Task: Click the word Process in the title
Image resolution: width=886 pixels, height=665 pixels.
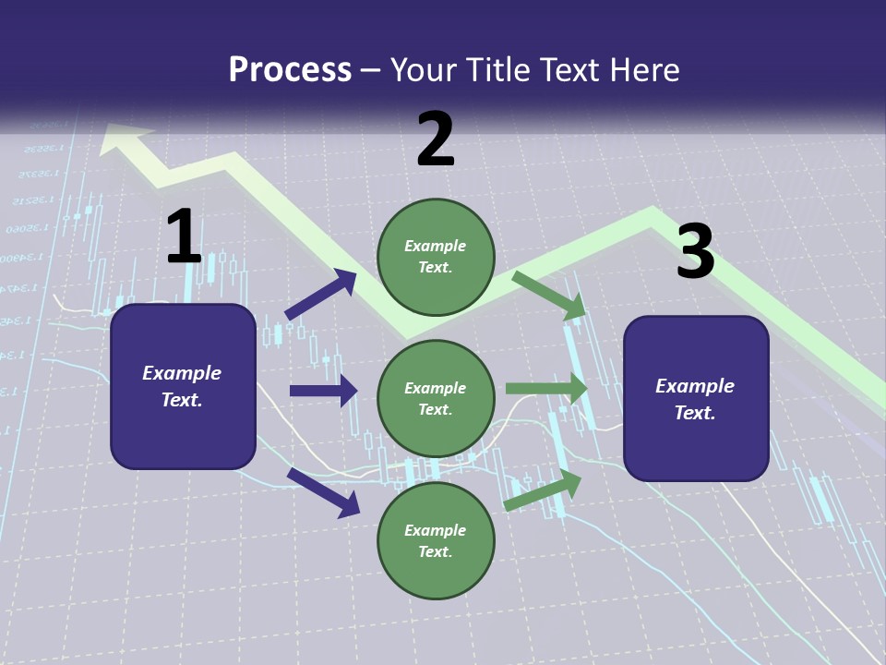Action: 290,69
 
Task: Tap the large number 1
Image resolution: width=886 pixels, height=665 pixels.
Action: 184,236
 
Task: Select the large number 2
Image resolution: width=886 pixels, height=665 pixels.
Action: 436,139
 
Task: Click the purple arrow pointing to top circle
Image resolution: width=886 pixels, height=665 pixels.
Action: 320,295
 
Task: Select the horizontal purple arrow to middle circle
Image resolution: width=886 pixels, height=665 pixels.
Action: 323,391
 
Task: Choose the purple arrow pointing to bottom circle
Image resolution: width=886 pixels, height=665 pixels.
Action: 323,491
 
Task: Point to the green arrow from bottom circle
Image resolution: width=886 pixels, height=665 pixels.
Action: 543,490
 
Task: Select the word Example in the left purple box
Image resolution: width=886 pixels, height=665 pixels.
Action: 182,373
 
